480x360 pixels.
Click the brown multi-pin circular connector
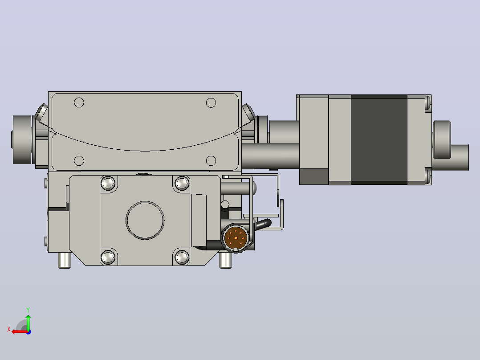click(236, 238)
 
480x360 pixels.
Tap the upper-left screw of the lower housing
click(108, 183)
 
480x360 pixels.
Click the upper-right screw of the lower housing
click(182, 183)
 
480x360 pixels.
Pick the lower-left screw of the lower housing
click(108, 258)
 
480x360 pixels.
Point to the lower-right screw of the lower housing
click(182, 258)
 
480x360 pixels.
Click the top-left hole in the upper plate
click(79, 102)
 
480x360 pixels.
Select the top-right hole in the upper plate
click(211, 102)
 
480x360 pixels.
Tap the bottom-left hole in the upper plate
click(79, 160)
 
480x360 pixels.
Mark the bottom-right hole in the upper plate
click(211, 160)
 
